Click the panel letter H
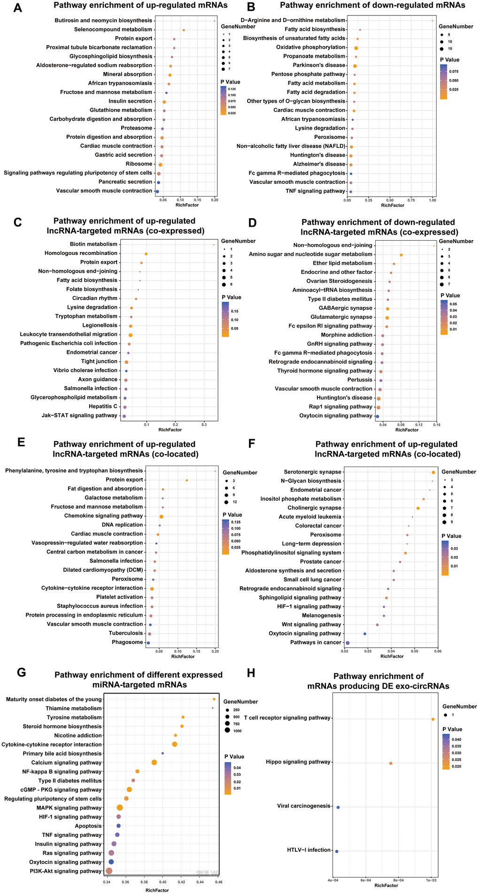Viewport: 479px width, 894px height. coord(251,673)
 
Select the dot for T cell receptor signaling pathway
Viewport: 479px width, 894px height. coord(433,719)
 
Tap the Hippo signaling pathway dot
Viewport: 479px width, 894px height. coord(391,764)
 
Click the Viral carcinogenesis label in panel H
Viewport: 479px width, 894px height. coord(303,806)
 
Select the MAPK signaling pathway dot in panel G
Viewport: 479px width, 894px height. coord(120,808)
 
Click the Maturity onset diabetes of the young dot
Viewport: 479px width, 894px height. coord(214,699)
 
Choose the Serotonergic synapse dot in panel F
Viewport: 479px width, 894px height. coord(433,473)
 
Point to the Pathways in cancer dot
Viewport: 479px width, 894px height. coord(348,643)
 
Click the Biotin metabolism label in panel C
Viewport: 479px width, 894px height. coord(93,244)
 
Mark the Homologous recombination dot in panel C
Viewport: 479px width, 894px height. coord(146,254)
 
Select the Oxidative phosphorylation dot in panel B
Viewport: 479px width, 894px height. coord(356,48)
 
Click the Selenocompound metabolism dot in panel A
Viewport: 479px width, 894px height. coord(184,31)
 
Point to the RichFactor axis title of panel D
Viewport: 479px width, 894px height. coord(407,430)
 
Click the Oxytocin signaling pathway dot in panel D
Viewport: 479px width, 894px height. coord(377,416)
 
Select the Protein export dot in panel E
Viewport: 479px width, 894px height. coord(187,480)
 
